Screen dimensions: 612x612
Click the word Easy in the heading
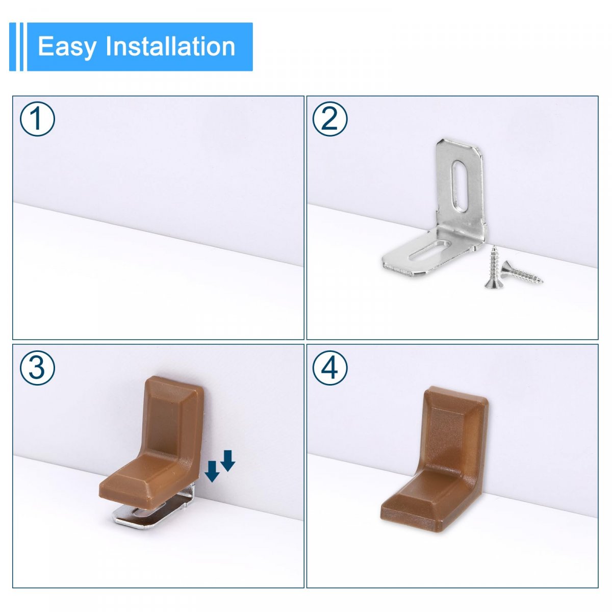coord(67,47)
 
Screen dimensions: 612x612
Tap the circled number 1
coord(37,119)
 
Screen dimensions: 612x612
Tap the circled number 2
coord(330,119)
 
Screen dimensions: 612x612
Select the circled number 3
coord(37,368)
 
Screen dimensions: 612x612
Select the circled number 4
coord(330,368)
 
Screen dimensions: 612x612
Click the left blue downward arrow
coord(212,480)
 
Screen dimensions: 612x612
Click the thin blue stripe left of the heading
coord(21,47)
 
